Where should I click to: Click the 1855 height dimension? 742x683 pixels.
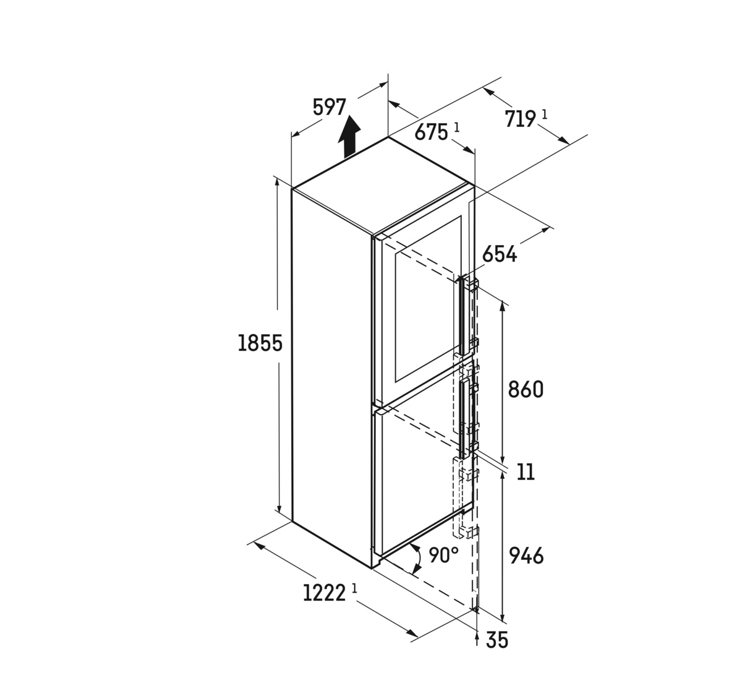260,343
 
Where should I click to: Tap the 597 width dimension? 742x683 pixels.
329,108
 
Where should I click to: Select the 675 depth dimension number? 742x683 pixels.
431,132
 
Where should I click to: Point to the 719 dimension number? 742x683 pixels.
521,119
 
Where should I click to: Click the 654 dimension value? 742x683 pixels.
500,255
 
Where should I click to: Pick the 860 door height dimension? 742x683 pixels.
525,389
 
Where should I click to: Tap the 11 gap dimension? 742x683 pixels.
526,472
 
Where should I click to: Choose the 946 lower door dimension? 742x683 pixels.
526,556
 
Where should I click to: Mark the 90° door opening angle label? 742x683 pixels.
443,555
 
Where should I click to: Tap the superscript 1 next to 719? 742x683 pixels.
545,114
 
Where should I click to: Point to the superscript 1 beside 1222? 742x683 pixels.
354,588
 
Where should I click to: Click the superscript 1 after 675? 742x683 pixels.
456,127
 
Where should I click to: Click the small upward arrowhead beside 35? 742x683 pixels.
476,637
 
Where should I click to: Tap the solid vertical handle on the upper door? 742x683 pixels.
462,316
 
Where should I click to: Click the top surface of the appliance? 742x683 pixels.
383,185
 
